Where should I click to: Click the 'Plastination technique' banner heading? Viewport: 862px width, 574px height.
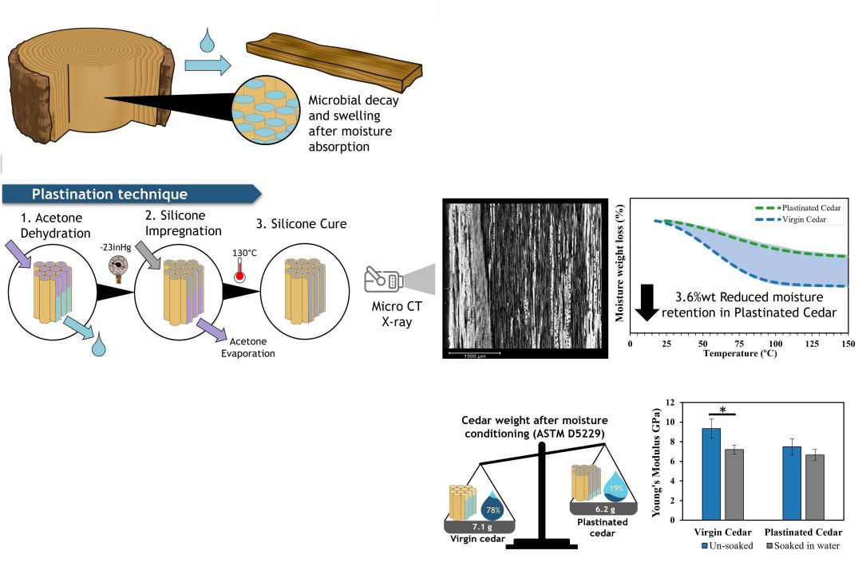pyautogui.click(x=109, y=194)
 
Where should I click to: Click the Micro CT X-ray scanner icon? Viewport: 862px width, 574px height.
pyautogui.click(x=384, y=280)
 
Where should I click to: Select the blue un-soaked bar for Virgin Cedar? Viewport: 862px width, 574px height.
pyautogui.click(x=711, y=474)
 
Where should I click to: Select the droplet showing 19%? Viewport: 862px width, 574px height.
pyautogui.click(x=617, y=486)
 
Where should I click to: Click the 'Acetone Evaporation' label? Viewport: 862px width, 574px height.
pyautogui.click(x=247, y=348)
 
